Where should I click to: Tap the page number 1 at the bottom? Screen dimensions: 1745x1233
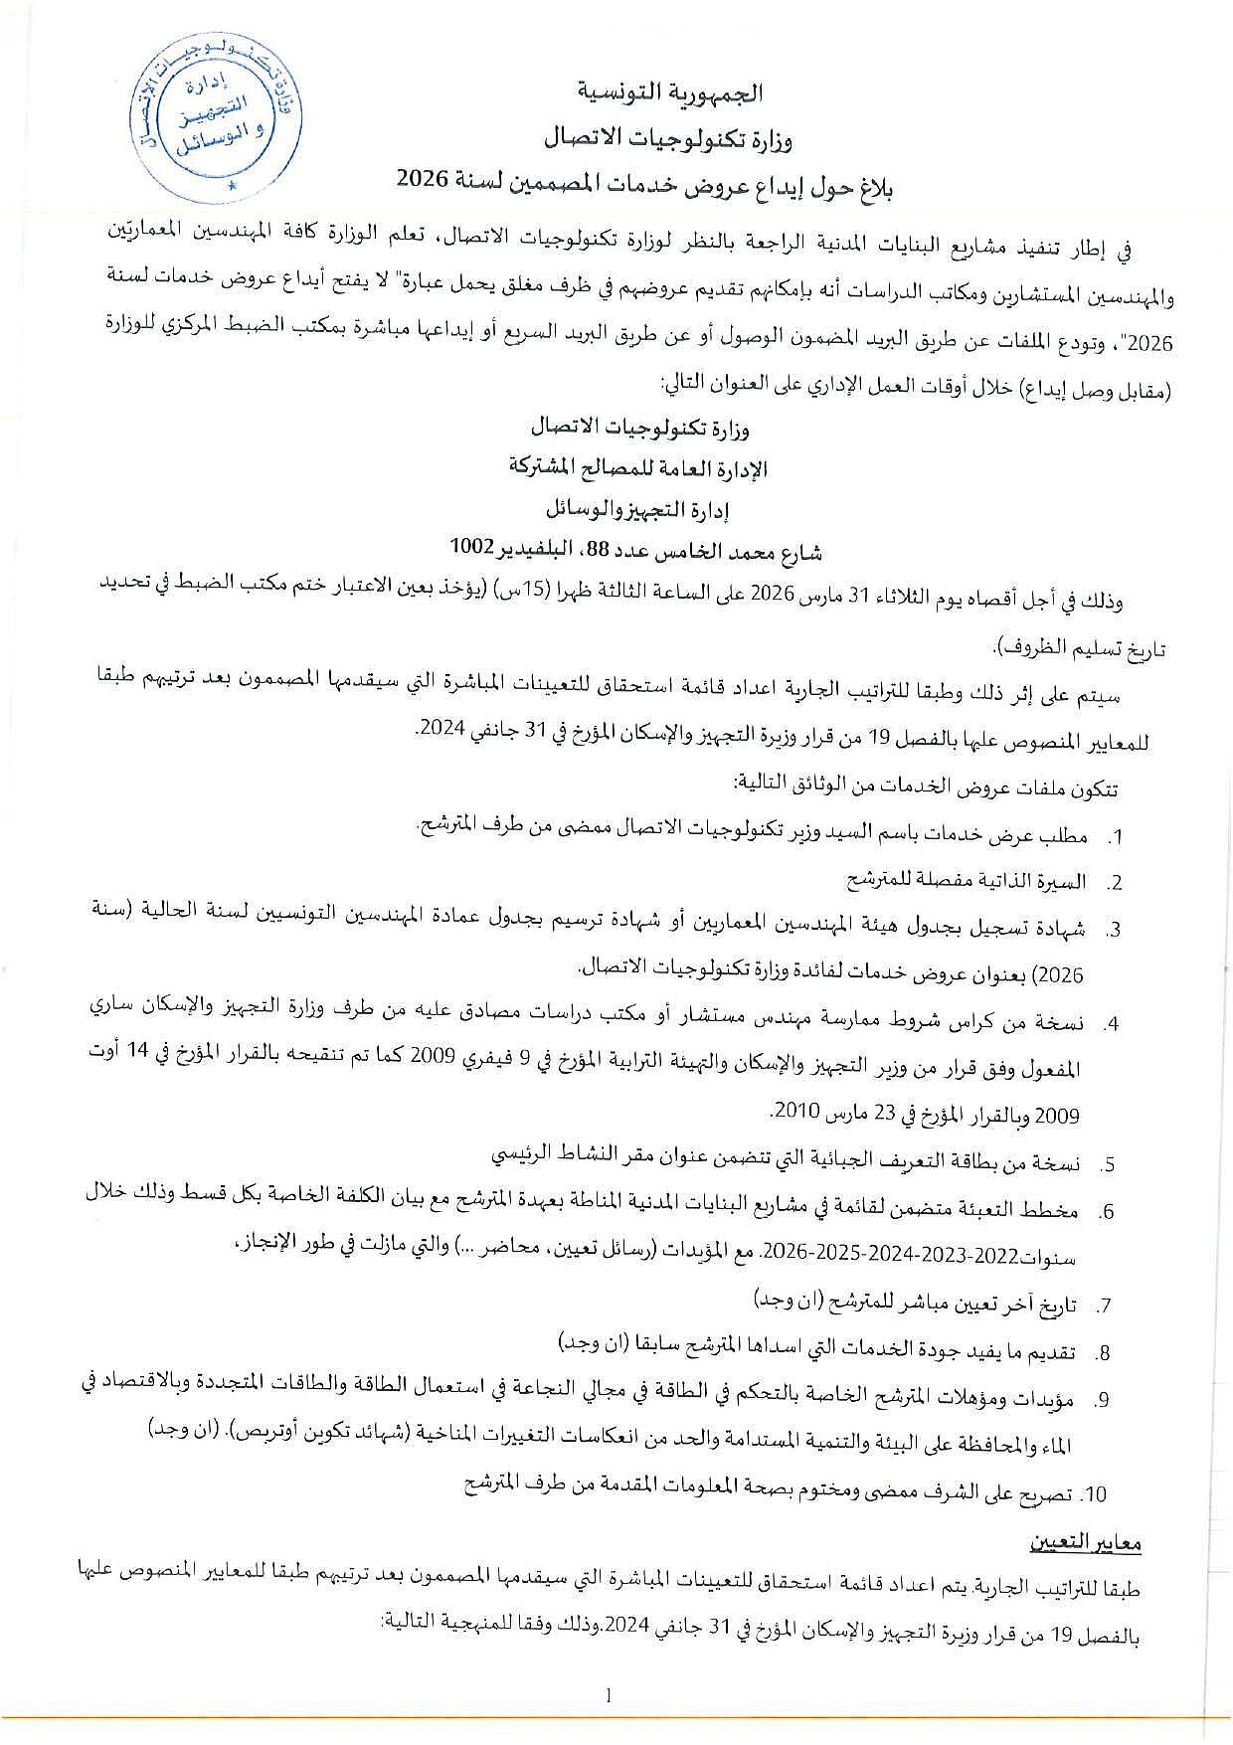608,1694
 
